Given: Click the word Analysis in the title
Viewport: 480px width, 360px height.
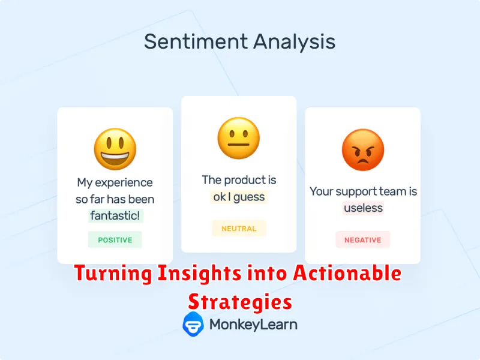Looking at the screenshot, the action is (x=294, y=42).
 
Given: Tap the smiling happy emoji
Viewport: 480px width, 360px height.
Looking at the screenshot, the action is (x=115, y=149).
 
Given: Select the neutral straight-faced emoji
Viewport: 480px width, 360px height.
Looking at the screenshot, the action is (x=239, y=138).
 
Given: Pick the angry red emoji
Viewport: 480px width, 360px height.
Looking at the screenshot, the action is (x=363, y=149).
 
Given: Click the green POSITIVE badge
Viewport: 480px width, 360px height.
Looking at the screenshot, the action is (x=115, y=239).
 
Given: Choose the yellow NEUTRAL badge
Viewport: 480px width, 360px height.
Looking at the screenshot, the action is (x=239, y=229).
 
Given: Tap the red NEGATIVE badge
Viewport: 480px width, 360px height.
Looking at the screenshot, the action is (x=363, y=239).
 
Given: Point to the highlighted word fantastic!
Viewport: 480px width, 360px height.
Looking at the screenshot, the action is (x=115, y=215).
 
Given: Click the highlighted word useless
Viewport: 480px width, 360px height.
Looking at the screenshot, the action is (x=363, y=208).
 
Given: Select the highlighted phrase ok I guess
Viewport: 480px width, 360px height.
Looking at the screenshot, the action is (x=239, y=197).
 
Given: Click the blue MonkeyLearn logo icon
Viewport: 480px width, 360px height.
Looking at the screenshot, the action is (x=193, y=324).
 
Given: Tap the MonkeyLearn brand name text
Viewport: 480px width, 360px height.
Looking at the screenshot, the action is (x=253, y=325).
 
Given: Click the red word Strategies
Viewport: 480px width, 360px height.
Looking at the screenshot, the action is (x=240, y=302).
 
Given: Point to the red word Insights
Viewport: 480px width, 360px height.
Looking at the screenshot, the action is (x=200, y=273).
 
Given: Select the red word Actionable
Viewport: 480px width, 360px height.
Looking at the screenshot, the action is (x=347, y=273).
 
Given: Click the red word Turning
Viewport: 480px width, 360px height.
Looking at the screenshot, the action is (x=113, y=273).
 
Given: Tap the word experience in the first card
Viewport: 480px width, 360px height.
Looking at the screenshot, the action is (x=124, y=183).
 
